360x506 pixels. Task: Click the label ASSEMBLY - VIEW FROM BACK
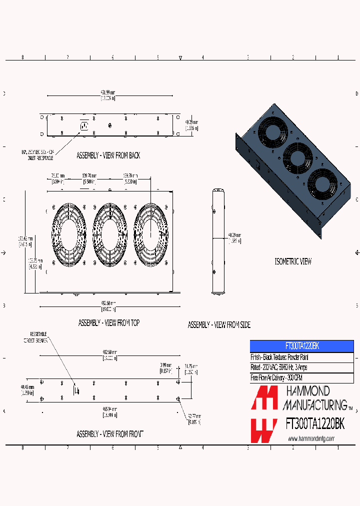108,155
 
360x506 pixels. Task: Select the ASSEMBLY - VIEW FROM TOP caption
108,323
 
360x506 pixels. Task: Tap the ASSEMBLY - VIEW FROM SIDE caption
219,325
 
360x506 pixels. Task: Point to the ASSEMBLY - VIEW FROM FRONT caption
109,434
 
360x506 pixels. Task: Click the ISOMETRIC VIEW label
293,261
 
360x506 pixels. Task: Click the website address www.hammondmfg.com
311,438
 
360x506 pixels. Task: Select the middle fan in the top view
109,234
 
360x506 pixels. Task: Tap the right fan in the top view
150,234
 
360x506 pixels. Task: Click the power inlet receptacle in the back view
83,125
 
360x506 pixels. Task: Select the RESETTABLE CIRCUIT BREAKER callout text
39,337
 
